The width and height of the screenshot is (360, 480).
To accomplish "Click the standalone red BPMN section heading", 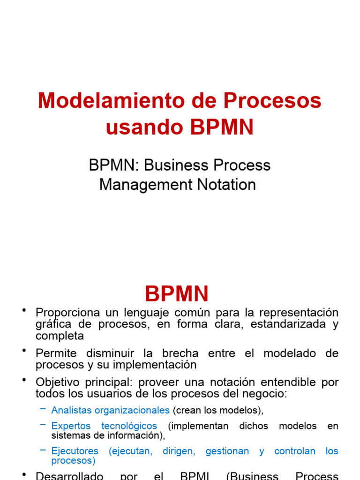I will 177,294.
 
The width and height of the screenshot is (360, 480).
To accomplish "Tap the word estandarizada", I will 281,324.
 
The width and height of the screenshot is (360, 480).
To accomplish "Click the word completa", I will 60,336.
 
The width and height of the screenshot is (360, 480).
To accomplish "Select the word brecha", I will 178,353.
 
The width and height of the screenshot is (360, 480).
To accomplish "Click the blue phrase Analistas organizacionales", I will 110,410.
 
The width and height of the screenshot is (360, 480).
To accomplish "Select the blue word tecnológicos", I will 129,426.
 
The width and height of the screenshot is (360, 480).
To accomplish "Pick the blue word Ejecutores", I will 75,451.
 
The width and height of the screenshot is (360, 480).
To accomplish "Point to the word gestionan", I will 227,451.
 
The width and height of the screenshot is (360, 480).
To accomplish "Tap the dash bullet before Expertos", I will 43,425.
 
